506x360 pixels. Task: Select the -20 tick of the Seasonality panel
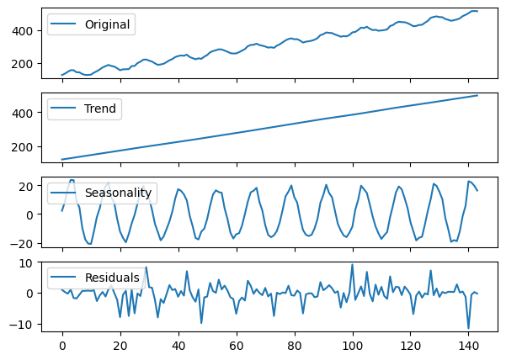point(26,244)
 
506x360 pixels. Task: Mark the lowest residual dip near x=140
point(469,328)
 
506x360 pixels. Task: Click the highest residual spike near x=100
point(353,265)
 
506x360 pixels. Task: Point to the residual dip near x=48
point(201,323)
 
